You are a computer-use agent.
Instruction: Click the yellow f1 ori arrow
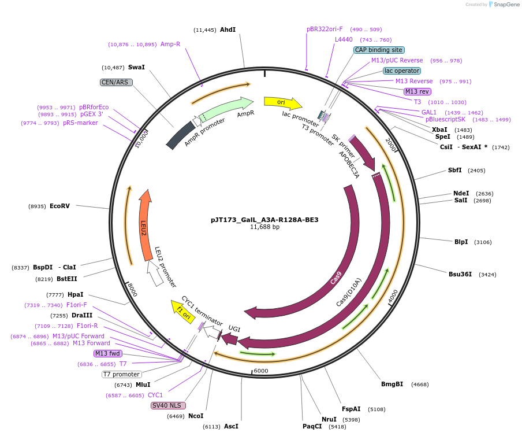pyautogui.click(x=184, y=312)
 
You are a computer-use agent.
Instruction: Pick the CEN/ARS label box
pyautogui.click(x=116, y=82)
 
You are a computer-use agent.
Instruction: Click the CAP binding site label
pyautogui.click(x=379, y=50)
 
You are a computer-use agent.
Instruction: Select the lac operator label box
pyautogui.click(x=401, y=71)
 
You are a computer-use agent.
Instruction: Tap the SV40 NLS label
pyautogui.click(x=168, y=405)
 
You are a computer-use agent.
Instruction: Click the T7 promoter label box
pyautogui.click(x=122, y=374)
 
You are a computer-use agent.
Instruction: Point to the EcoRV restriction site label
pyautogui.click(x=59, y=206)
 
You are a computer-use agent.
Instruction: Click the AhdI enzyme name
pyautogui.click(x=228, y=29)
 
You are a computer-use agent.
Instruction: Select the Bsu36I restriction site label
pyautogui.click(x=460, y=274)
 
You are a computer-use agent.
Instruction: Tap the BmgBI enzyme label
pyautogui.click(x=392, y=384)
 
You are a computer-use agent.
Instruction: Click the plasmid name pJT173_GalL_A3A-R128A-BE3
pyautogui.click(x=264, y=220)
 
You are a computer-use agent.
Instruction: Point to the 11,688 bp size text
pyautogui.click(x=264, y=227)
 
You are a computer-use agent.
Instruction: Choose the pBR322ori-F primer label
pyautogui.click(x=325, y=29)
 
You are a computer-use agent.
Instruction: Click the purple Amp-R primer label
pyautogui.click(x=170, y=44)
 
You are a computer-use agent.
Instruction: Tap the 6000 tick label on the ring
pyautogui.click(x=261, y=371)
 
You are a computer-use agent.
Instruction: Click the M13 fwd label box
pyautogui.click(x=108, y=353)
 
